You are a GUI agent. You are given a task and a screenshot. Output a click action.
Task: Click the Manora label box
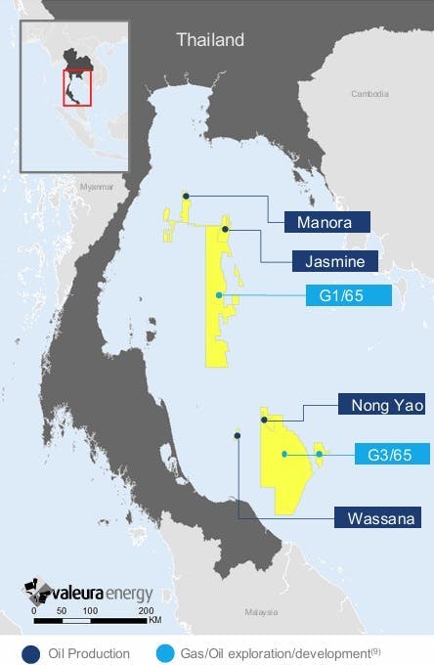tap(326, 222)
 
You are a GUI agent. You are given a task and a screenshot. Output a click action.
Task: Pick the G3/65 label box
tap(381, 454)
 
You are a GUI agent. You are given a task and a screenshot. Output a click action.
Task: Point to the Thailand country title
tap(209, 40)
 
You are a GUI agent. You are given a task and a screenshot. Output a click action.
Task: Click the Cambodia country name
tap(371, 94)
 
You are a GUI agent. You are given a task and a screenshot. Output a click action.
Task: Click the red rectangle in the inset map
tap(76, 86)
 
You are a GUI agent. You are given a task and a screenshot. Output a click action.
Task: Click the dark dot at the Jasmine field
tap(226, 229)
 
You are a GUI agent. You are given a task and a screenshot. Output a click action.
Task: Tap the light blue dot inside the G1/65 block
tap(220, 295)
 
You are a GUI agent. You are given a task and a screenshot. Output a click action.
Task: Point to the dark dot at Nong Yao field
tap(264, 420)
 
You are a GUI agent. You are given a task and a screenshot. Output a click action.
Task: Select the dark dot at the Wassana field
tap(237, 435)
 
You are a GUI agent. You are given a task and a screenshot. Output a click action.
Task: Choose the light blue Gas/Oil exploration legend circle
tap(161, 649)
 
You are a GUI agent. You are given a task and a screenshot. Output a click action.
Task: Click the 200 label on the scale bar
tap(148, 609)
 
